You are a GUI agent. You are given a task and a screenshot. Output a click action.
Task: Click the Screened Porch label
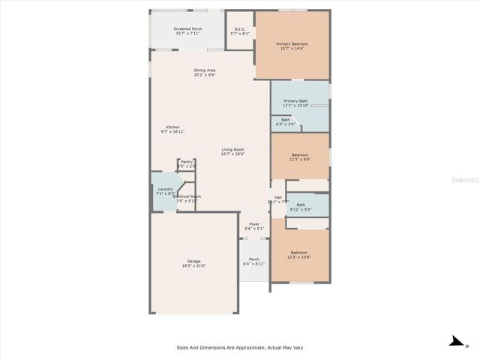point(187,28)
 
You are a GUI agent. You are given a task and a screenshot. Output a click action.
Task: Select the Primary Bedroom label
point(292,43)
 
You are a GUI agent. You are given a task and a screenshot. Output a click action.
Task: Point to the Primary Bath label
point(295,100)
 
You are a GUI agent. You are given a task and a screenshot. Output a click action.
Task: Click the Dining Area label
point(205,70)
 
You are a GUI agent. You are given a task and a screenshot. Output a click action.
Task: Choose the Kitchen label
point(172,127)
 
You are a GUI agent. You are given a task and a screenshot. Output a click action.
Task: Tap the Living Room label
point(232,149)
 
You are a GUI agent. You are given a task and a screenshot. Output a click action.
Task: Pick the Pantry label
point(186,161)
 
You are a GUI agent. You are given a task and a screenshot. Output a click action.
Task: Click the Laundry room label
point(165,189)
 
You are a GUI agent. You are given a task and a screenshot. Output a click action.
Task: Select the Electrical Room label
point(187,196)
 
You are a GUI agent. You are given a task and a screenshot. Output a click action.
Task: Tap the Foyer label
point(253,223)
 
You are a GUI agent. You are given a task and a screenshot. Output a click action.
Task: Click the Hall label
point(277,197)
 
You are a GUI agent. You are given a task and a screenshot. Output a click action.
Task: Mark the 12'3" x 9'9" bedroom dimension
point(299,160)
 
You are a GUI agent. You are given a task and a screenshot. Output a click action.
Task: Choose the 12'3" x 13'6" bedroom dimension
point(299,256)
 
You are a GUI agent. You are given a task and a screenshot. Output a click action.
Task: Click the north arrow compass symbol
point(456,342)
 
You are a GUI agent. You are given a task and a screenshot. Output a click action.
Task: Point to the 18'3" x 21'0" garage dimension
point(193,265)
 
